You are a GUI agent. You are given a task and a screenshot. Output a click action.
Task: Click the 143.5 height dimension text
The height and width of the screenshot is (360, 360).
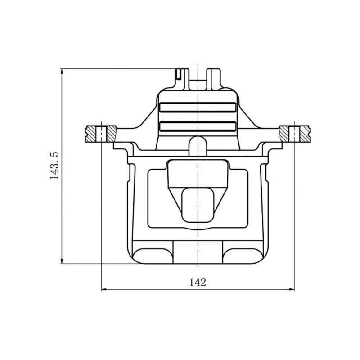[54, 166]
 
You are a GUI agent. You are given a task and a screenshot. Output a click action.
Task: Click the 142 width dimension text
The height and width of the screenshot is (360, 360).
[198, 283]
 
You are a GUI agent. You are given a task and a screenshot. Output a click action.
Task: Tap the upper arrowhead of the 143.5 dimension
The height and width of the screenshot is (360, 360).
[62, 71]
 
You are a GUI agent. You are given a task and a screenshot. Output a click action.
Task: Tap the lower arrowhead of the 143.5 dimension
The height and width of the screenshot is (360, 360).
[62, 261]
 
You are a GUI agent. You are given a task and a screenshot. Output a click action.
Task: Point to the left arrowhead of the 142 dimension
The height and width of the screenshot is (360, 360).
[104, 289]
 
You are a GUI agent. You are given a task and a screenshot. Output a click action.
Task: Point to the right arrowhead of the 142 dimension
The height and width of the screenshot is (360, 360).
[291, 289]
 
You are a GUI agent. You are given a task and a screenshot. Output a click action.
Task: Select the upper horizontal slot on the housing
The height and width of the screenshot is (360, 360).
[198, 107]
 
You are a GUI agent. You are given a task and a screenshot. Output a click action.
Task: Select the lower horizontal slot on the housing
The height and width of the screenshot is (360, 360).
[198, 126]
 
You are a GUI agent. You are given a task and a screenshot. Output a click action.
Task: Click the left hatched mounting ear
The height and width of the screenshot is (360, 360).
[101, 134]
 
